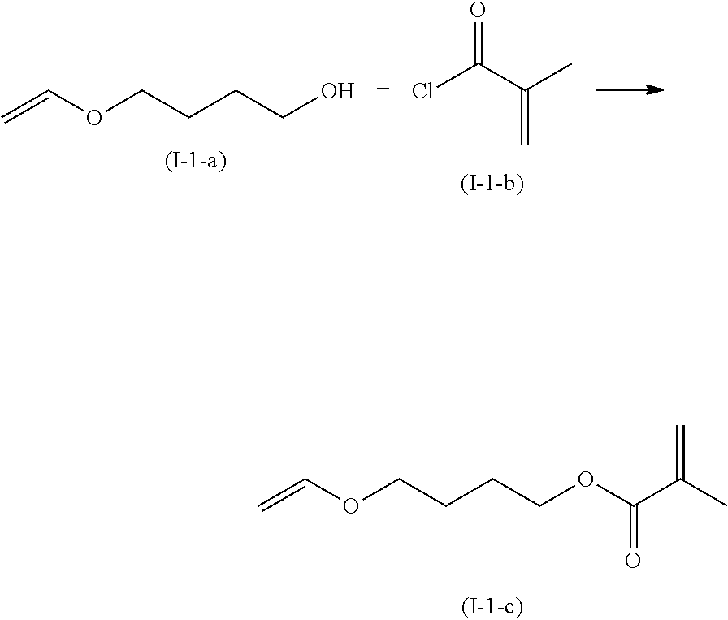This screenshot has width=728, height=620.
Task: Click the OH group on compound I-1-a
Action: (x=337, y=91)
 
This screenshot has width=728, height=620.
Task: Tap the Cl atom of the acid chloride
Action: (x=422, y=91)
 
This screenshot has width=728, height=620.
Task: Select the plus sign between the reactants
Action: (x=383, y=89)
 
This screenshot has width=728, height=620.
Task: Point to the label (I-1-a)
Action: (x=195, y=160)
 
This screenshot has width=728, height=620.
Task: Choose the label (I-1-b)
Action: (x=492, y=184)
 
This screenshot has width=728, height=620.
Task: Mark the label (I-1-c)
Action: (x=490, y=605)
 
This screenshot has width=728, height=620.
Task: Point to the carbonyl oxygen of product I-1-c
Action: (x=633, y=561)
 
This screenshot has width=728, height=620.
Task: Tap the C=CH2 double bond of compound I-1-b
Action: (x=525, y=116)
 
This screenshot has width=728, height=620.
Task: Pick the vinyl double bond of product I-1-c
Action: (x=283, y=493)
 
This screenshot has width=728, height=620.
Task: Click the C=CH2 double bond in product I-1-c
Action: (x=680, y=452)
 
